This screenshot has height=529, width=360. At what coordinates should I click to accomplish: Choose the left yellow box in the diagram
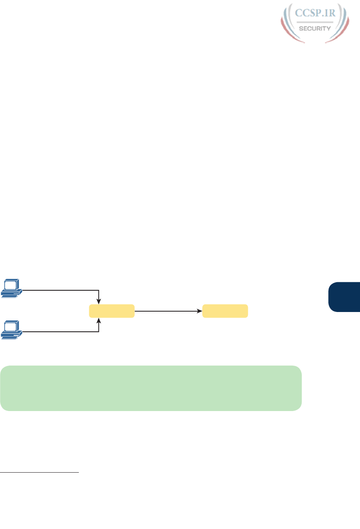(111, 311)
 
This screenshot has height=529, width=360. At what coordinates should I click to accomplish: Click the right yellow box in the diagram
(225, 311)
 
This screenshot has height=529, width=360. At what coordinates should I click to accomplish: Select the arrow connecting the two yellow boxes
(167, 311)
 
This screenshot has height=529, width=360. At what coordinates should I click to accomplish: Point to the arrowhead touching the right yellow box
(199, 311)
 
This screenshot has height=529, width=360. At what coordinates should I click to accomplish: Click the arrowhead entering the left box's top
(99, 302)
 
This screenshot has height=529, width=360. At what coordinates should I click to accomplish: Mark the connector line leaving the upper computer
(60, 289)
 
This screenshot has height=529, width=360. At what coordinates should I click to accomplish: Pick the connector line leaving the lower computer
(60, 332)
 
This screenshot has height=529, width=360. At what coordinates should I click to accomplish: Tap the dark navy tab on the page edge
(344, 297)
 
